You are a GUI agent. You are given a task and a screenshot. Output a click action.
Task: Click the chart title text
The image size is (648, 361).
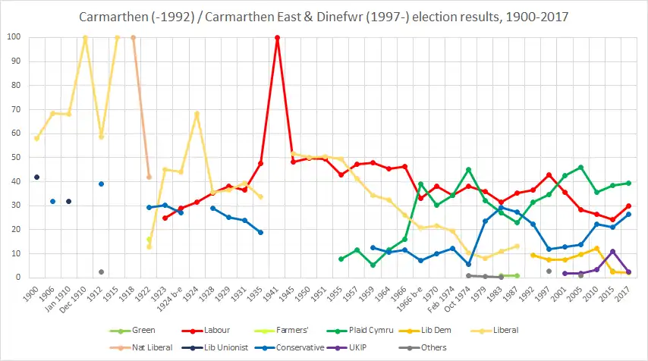click(x=324, y=16)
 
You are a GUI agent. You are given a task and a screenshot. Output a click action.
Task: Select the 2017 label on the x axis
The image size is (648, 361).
click(x=627, y=291)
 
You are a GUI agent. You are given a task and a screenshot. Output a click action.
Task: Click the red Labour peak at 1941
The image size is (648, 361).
click(x=277, y=37)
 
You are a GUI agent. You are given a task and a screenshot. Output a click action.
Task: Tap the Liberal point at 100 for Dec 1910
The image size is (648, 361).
click(x=85, y=37)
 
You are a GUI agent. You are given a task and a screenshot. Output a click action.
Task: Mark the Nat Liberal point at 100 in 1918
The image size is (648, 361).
click(x=133, y=37)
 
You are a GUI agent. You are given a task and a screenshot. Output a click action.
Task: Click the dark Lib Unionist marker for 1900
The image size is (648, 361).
click(x=36, y=177)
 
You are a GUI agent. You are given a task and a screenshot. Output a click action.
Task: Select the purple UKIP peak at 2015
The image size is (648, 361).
click(x=613, y=251)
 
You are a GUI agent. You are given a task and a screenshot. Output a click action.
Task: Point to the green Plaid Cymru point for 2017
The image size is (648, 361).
click(x=629, y=183)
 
